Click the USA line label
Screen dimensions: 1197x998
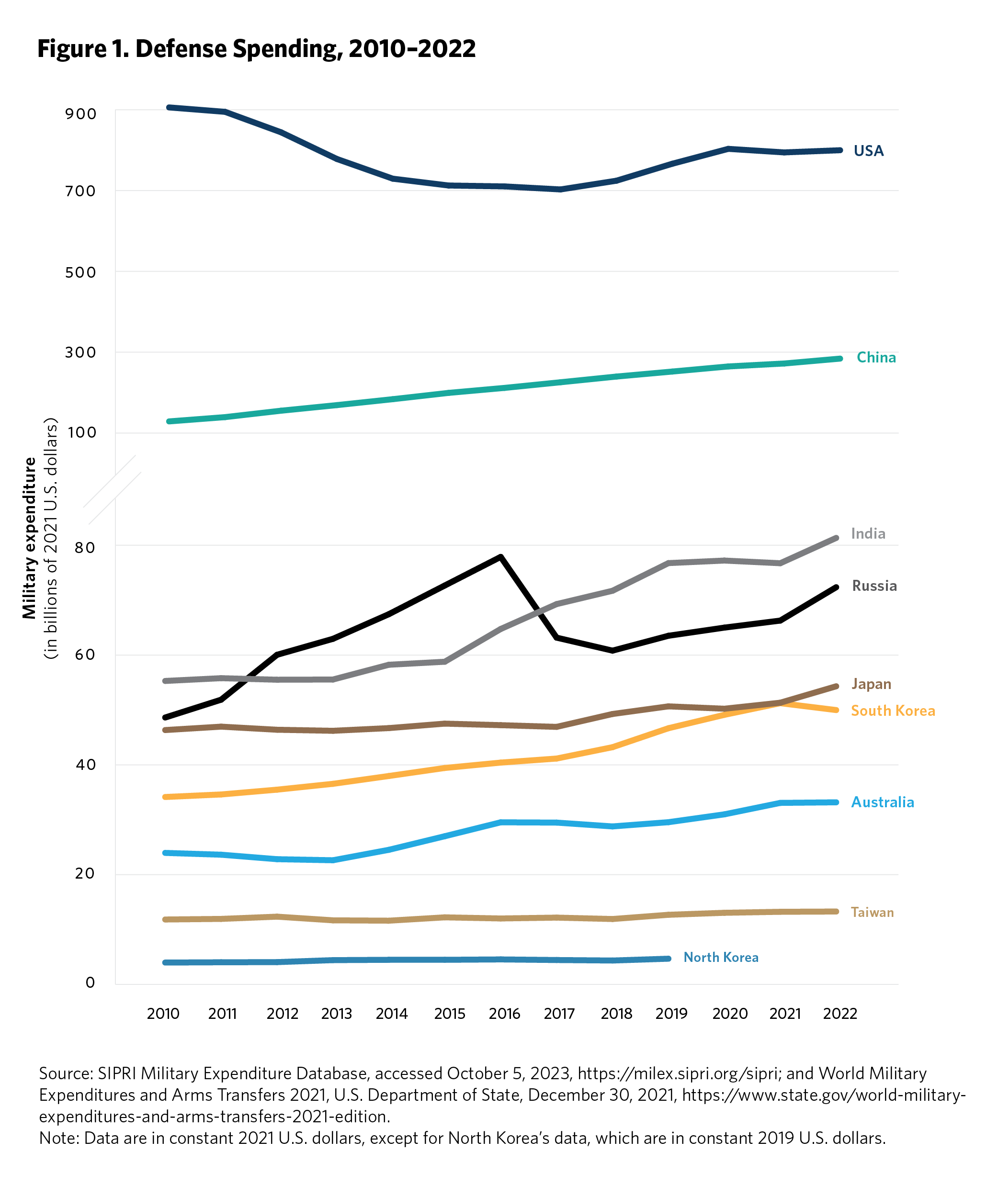[x=868, y=151]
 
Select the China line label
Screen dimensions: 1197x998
[x=876, y=357]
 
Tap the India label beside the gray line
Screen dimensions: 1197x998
[x=868, y=533]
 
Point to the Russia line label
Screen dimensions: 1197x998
[x=874, y=586]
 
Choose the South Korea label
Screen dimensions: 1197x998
[x=893, y=711]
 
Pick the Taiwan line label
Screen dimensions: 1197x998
[x=872, y=912]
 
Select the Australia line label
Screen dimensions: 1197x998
[x=882, y=802]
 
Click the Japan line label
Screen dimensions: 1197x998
[x=871, y=684]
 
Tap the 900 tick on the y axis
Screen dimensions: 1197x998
[x=80, y=113]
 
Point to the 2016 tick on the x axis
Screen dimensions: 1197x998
[x=504, y=1014]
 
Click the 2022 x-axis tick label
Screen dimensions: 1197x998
[x=840, y=1014]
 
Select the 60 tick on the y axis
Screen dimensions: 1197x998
[x=85, y=655]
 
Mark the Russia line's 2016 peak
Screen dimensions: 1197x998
[x=500, y=557]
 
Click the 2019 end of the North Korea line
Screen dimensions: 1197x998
[x=669, y=959]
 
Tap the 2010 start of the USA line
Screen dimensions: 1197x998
[x=169, y=107]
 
